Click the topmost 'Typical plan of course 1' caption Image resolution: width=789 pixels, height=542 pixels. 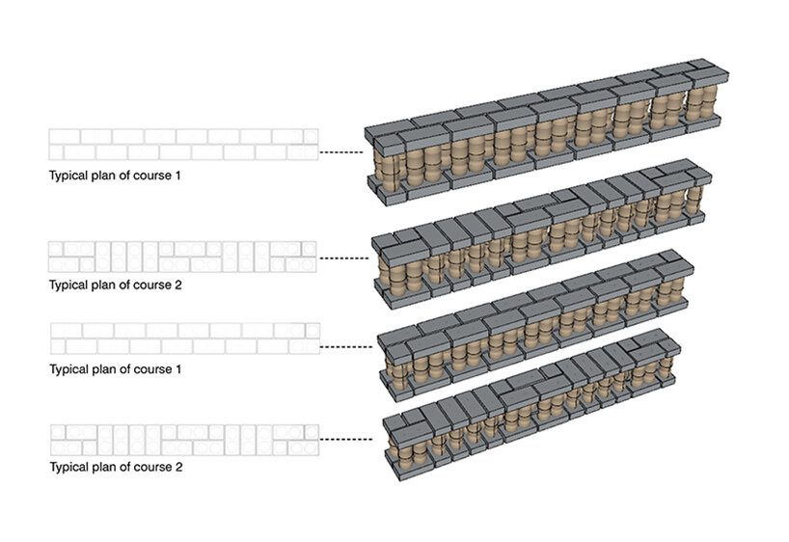115,176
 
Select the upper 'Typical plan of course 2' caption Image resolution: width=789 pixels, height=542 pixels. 115,285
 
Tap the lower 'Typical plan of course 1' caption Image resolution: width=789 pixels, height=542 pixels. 115,368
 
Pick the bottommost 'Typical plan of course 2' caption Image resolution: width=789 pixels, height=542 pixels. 115,468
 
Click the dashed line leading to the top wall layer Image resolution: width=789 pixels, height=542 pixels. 341,152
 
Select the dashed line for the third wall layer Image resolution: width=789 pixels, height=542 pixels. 346,345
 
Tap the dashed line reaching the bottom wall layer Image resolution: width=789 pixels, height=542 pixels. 346,439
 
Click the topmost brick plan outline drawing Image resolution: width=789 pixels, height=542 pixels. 183,145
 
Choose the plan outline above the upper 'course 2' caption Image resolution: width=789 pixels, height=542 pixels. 183,256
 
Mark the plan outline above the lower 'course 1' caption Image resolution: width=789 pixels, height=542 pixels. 183,339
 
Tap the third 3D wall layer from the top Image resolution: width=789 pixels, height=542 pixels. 535,328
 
